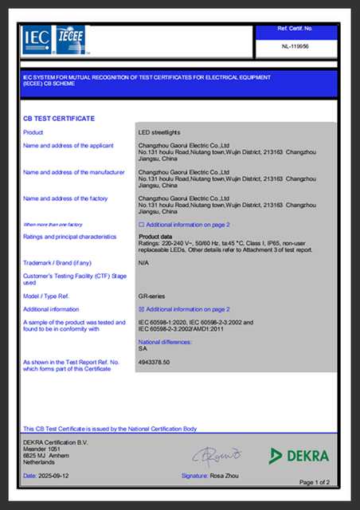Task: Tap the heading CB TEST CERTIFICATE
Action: (x=59, y=119)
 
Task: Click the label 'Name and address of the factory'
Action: (x=65, y=198)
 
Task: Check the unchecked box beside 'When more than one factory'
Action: (x=142, y=225)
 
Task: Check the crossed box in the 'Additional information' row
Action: (x=142, y=308)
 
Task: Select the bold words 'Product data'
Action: (x=155, y=237)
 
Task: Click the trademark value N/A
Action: (x=143, y=262)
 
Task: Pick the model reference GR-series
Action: (x=152, y=295)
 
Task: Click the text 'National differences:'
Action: (x=166, y=342)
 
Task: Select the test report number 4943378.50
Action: (x=155, y=362)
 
